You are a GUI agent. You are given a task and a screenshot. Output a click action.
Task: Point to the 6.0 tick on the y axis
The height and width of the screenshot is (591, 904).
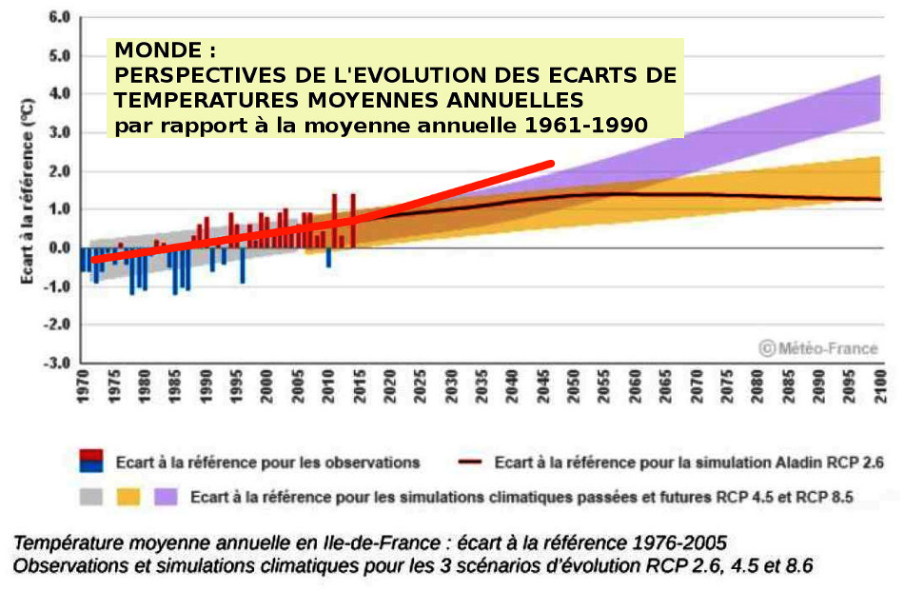59,18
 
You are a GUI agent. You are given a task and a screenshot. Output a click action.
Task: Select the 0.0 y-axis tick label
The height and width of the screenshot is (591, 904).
59,248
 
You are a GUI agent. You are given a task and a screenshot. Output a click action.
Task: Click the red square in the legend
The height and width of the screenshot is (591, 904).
91,456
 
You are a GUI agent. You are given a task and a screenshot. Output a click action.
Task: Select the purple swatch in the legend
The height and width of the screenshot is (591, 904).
166,496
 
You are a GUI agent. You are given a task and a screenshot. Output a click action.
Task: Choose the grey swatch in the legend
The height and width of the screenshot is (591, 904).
91,496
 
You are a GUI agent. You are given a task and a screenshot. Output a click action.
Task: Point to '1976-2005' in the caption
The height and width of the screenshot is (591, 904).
677,543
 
